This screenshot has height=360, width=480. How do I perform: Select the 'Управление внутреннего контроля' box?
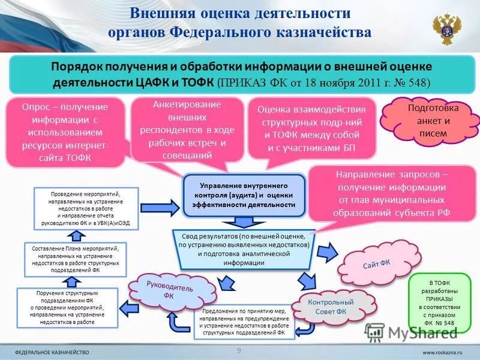[244, 196]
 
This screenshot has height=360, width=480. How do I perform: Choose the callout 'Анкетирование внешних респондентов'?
[187, 130]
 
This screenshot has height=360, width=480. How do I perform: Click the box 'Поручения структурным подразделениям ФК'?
[67, 307]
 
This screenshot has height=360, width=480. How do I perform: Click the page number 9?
[239, 350]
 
